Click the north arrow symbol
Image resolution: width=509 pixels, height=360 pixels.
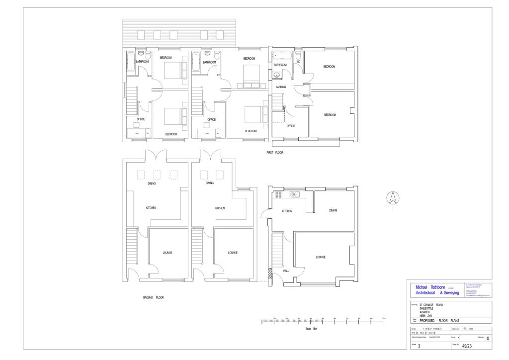(x=392, y=197)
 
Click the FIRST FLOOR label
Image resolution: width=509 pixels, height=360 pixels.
(x=274, y=153)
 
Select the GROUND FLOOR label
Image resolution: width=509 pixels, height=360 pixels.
(x=153, y=298)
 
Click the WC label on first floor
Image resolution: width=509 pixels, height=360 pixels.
(x=299, y=62)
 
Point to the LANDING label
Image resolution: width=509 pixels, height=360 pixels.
(x=281, y=87)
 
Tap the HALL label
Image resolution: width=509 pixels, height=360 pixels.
(x=286, y=271)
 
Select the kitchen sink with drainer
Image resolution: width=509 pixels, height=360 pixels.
(x=295, y=194)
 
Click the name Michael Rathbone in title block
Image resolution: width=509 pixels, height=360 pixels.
(x=430, y=287)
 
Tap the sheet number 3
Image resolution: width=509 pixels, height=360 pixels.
(x=419, y=346)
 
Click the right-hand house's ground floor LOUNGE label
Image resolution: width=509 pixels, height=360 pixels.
(x=320, y=257)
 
